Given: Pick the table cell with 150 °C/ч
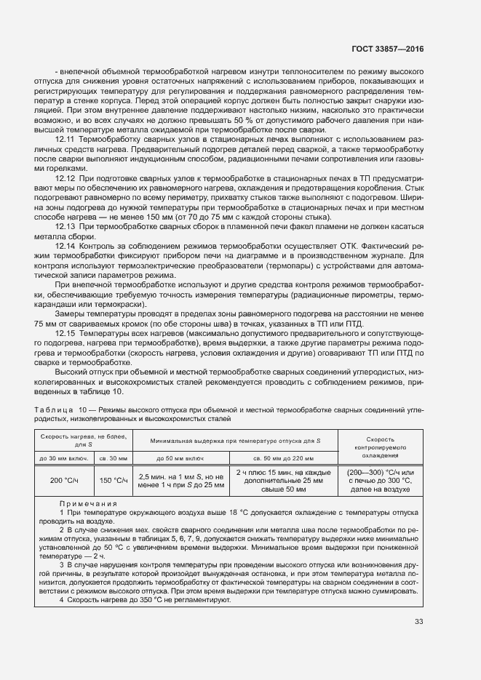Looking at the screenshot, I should tap(113, 480).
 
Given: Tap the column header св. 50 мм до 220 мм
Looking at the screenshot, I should tap(285, 458).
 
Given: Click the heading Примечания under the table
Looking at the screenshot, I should tap(87, 503).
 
